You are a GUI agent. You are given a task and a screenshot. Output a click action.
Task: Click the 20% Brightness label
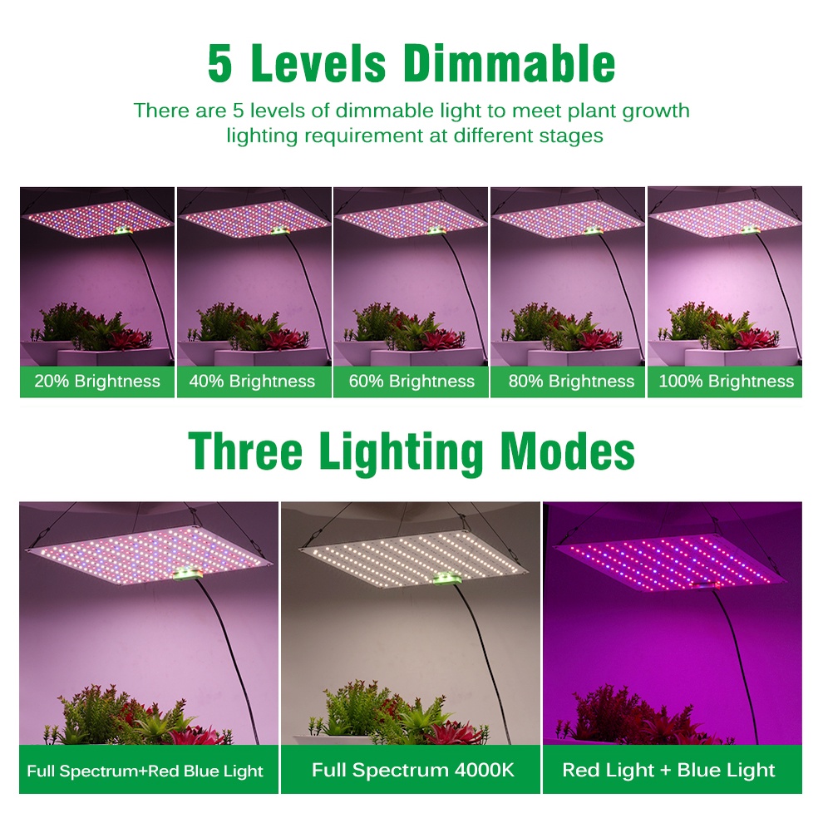pos(97,381)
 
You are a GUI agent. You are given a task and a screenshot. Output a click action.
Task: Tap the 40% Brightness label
pos(252,381)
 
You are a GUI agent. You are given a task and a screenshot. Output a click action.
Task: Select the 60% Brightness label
pos(411,381)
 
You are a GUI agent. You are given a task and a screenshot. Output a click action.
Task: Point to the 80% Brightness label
pos(571,381)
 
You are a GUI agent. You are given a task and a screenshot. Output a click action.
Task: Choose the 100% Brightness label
pos(727,381)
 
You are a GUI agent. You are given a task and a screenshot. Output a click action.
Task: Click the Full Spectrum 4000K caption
pos(413,770)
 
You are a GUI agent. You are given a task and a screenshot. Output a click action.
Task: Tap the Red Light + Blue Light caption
pos(668,770)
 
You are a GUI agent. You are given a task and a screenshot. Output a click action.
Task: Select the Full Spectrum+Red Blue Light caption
pos(145,771)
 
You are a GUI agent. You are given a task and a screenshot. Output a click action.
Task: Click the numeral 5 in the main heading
pos(219,63)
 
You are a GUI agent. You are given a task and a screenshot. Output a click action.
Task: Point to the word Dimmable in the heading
pos(509,62)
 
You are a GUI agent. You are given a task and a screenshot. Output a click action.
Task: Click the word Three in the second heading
pos(245,451)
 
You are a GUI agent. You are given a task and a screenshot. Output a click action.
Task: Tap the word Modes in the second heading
pos(568,451)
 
